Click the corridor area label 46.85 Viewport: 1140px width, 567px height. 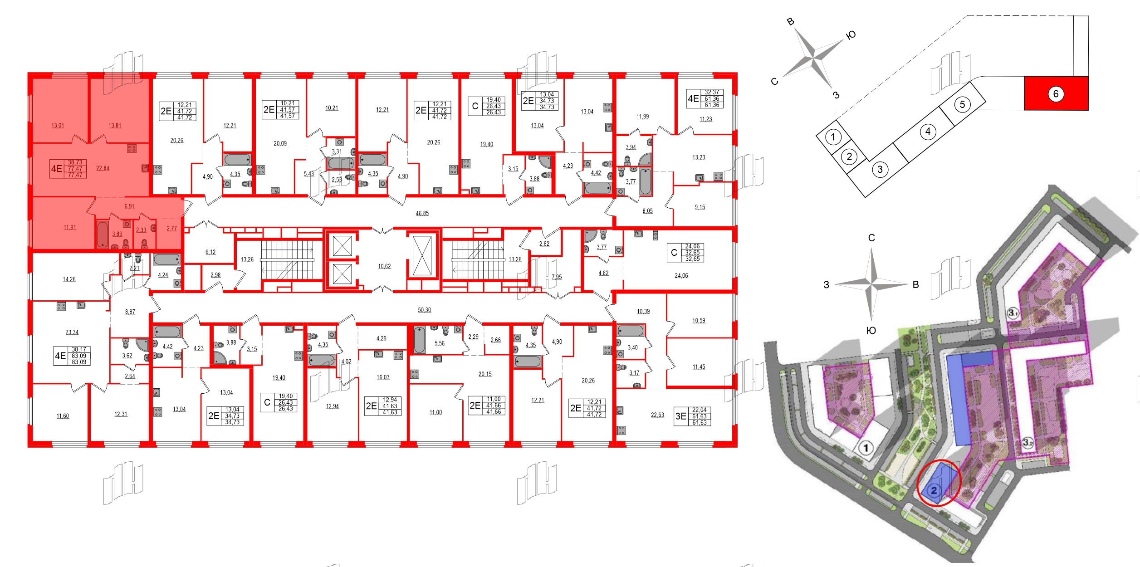422,213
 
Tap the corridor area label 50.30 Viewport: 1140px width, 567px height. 424,310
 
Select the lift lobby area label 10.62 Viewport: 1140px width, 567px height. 384,266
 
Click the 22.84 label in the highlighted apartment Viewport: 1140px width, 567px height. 103,168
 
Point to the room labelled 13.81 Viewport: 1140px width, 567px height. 115,126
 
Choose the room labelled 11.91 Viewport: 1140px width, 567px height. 70,228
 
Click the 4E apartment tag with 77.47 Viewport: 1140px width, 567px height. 68,168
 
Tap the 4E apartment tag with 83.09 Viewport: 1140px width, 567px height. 72,356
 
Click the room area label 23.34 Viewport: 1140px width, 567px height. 72,332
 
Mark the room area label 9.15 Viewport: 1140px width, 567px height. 700,207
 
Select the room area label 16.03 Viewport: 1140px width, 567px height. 383,377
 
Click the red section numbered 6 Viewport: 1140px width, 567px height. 1056,94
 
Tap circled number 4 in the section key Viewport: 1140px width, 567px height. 928,132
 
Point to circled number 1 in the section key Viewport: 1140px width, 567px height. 832,137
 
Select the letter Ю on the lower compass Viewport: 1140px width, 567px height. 871,331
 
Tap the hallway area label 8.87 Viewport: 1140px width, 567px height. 130,312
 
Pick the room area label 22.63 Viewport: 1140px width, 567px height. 657,415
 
